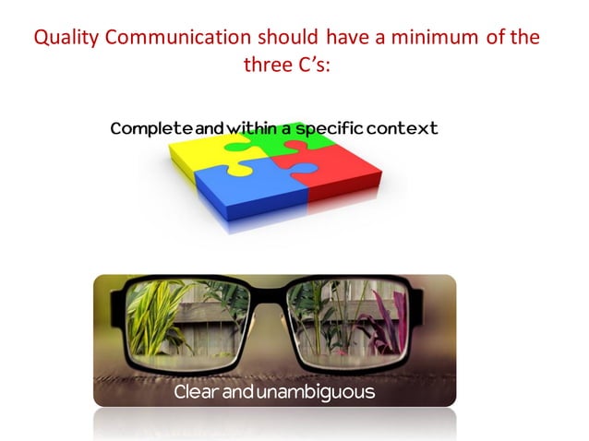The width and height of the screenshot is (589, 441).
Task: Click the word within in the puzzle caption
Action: (x=244, y=128)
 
